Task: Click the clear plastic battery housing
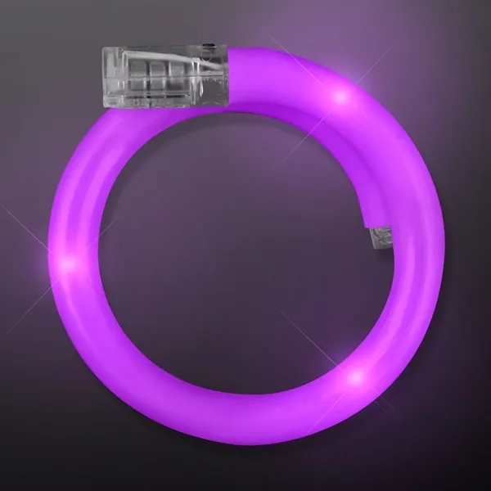164,78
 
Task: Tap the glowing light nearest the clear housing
340,97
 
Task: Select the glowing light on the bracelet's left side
70,263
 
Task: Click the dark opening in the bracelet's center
237,262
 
